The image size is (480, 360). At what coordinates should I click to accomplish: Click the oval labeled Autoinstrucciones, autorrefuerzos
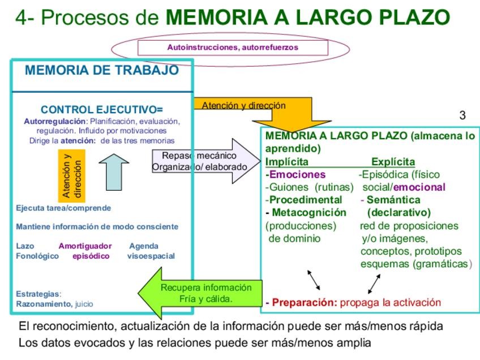click(232, 48)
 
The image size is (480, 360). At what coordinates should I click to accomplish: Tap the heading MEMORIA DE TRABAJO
click(102, 71)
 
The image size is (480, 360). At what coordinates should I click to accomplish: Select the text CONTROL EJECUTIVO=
click(102, 109)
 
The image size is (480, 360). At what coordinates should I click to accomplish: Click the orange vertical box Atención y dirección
click(71, 175)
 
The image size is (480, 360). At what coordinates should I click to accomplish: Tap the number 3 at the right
click(462, 115)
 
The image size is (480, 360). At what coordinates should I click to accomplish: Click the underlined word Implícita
click(287, 162)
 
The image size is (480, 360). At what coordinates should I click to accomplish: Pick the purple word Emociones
click(297, 174)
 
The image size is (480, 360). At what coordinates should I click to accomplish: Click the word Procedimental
click(306, 200)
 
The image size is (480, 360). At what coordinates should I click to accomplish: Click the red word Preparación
click(305, 302)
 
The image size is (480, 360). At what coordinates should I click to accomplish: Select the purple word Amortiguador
click(85, 246)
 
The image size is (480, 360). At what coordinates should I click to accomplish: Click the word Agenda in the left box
click(144, 246)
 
